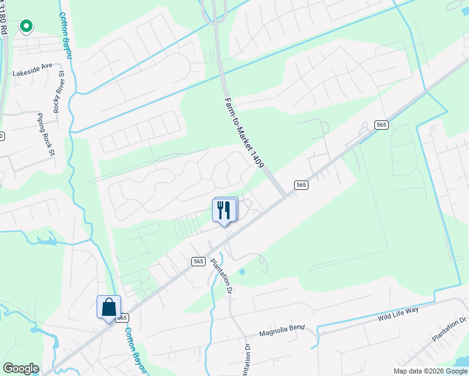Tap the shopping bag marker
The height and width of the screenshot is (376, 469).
pos(108,308)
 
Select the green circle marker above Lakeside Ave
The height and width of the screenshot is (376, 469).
pos(26,26)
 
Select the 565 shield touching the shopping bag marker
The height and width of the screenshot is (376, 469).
pos(122,318)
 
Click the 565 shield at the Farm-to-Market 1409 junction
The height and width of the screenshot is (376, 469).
pos(301,184)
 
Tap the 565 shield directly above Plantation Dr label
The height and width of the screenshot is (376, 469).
pos(199,261)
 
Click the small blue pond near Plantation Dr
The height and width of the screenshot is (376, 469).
pos(242,271)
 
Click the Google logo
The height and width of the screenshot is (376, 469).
pos(21,368)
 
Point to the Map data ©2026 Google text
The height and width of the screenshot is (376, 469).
pos(430,371)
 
